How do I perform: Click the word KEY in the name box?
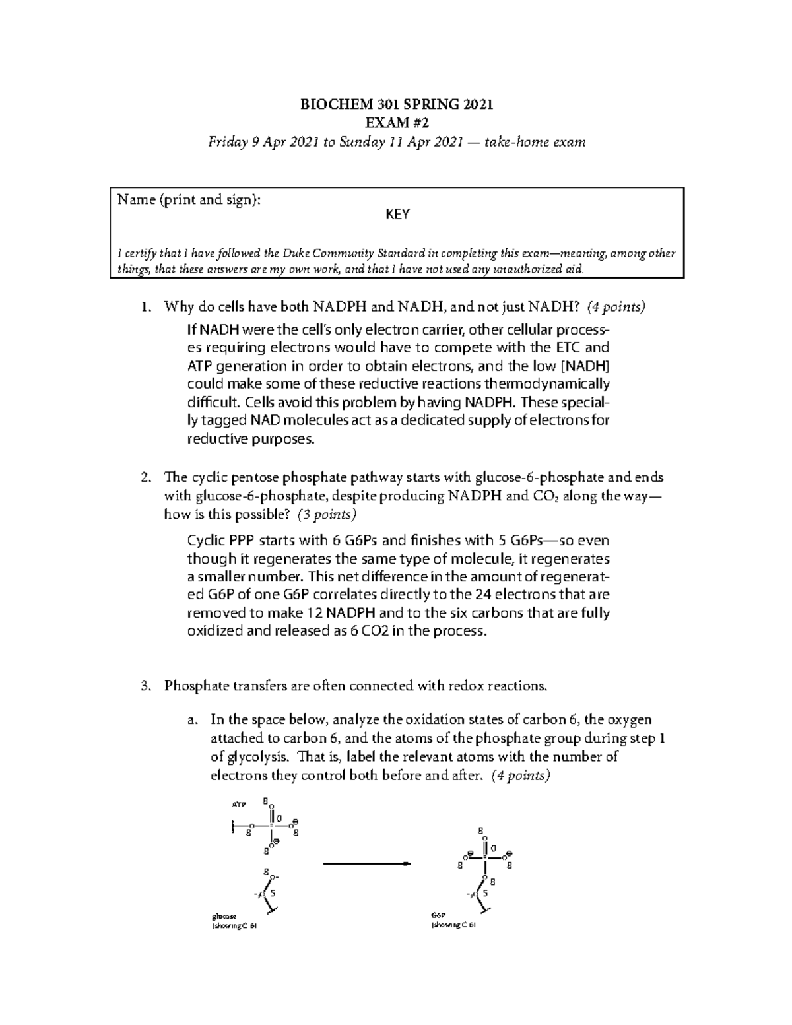tap(397, 215)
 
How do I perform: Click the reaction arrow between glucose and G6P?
tap(366, 864)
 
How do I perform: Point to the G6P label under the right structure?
tap(438, 916)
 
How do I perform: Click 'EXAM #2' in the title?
tap(397, 123)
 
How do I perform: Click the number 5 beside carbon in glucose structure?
tap(273, 894)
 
